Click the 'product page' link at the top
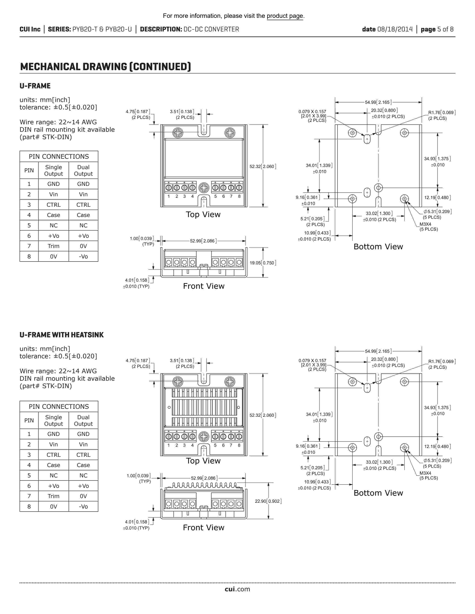(x=285, y=16)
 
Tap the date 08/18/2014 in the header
(x=395, y=29)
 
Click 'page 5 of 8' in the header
(x=437, y=29)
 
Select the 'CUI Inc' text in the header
(x=30, y=29)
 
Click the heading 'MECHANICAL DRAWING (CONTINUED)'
(x=105, y=67)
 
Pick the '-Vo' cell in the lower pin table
(x=83, y=507)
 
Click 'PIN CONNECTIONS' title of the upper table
(x=59, y=157)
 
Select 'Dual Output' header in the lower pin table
(x=83, y=420)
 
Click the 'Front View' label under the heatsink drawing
(x=203, y=528)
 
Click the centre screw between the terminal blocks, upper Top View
(x=204, y=188)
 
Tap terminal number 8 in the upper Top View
(x=239, y=196)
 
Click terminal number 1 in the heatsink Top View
(x=169, y=445)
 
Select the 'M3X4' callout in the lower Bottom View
(x=425, y=473)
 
